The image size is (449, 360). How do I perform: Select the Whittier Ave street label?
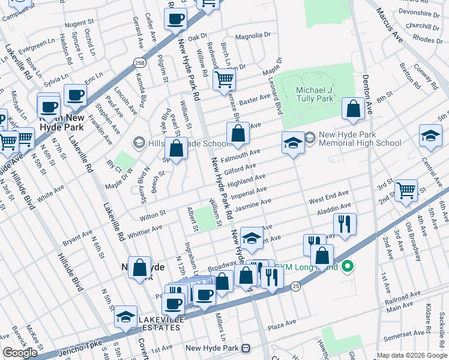point(145,229)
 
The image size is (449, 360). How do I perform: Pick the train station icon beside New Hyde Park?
point(245,348)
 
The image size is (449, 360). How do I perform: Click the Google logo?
point(20,353)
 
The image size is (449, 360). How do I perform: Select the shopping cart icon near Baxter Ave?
point(223,77)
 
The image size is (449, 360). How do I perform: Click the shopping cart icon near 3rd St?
point(406,190)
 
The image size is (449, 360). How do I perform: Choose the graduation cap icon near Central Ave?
point(430,135)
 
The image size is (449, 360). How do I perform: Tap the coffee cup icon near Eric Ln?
point(76,95)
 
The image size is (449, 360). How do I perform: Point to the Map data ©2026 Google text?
point(411,355)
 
